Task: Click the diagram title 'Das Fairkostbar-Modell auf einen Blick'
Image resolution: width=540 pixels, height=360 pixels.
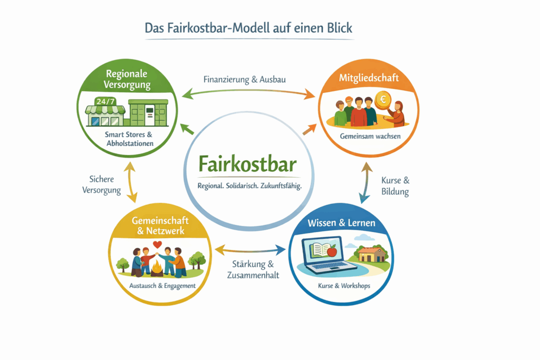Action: (x=248, y=28)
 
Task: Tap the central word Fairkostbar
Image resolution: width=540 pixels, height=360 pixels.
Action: (x=248, y=163)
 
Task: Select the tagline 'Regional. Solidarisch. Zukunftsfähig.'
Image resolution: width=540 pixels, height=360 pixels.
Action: (x=249, y=186)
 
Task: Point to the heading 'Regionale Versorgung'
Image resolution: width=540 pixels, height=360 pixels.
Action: (x=127, y=79)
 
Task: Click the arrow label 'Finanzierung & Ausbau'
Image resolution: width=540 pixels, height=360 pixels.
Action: (x=245, y=80)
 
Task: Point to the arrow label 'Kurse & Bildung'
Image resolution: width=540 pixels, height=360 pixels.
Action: (x=396, y=186)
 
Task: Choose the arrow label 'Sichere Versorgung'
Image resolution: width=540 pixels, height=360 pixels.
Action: (x=101, y=184)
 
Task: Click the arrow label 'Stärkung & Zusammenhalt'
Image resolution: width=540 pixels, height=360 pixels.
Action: (x=253, y=269)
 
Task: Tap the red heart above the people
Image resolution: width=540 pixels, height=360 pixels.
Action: (x=157, y=245)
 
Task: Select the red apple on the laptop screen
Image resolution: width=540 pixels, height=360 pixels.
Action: (x=332, y=252)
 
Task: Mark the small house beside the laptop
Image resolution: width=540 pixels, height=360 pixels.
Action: (x=371, y=255)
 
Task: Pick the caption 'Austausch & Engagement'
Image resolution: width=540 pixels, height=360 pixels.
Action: (x=162, y=286)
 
